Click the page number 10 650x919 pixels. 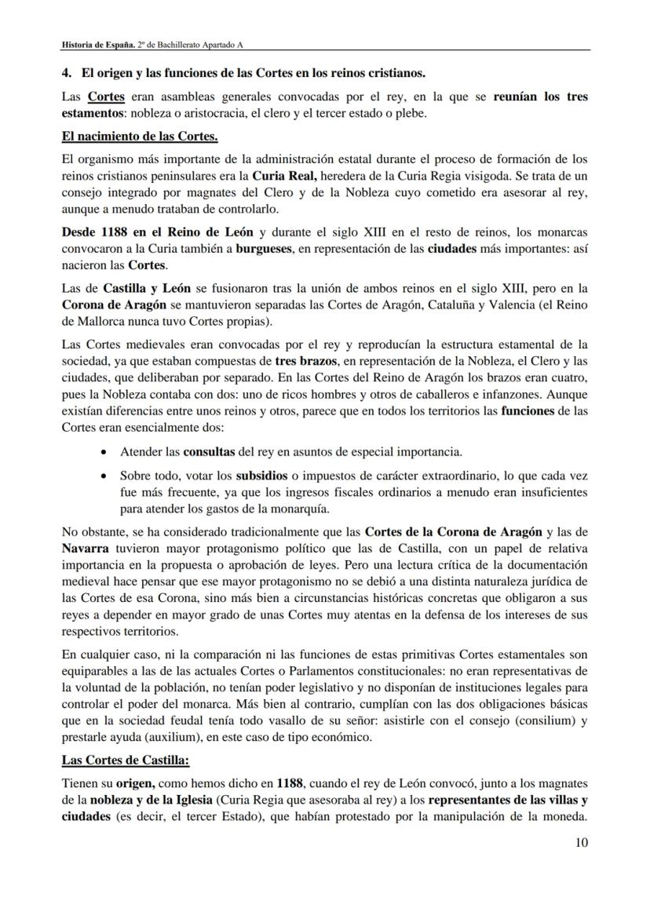[581, 843]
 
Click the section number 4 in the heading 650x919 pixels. [66, 74]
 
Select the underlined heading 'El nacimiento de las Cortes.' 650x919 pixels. [140, 137]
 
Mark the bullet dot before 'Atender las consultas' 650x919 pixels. [106, 453]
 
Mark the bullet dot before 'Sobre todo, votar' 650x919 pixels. [106, 476]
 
